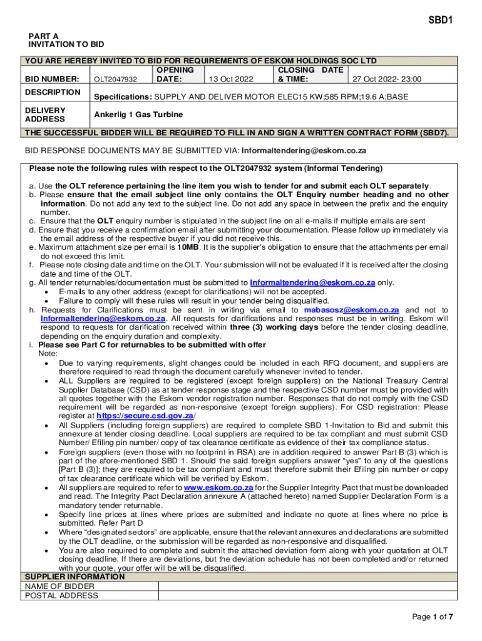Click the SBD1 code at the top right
click(x=440, y=20)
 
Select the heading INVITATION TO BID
click(x=66, y=44)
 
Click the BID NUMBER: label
click(x=51, y=79)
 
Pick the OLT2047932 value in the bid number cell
click(x=115, y=79)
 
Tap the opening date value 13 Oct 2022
click(x=231, y=79)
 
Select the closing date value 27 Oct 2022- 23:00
click(x=387, y=79)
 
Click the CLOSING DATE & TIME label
click(x=310, y=75)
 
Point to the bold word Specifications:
click(x=123, y=98)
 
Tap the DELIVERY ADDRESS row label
click(x=45, y=115)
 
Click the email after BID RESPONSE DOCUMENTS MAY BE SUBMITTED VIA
click(x=304, y=151)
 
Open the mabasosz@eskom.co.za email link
click(x=351, y=310)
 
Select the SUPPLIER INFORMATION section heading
click(x=74, y=577)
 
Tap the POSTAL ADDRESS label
click(x=61, y=595)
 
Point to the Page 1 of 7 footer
click(x=432, y=617)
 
